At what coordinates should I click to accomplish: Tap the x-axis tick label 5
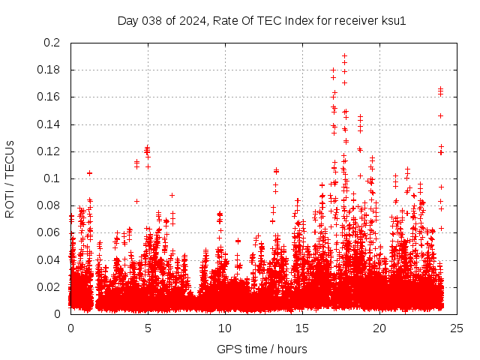tap(148, 328)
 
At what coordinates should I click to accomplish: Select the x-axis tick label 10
tap(225, 328)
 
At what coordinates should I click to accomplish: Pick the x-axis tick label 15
tap(302, 328)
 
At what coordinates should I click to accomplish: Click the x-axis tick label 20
tap(379, 328)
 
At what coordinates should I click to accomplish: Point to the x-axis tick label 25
tap(457, 328)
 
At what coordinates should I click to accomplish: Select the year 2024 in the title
tap(191, 20)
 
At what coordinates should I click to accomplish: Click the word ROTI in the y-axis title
tap(10, 202)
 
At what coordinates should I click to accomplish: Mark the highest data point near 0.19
tap(344, 55)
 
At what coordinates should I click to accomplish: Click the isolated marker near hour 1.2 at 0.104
tap(89, 173)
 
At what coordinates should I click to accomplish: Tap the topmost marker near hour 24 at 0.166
tap(440, 89)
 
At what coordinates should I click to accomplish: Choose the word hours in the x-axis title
tap(290, 349)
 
